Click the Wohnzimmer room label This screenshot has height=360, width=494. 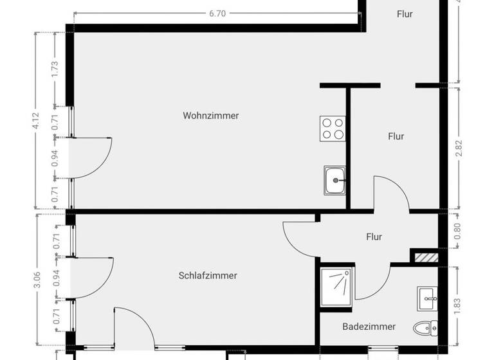(211, 116)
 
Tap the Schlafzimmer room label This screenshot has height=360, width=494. (208, 276)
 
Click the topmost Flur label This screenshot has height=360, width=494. (405, 14)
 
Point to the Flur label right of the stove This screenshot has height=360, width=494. (396, 136)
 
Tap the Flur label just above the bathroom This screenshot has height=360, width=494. (374, 237)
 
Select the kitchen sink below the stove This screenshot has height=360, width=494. (334, 179)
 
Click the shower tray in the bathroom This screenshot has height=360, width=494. (337, 284)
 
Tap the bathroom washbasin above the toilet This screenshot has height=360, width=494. (428, 298)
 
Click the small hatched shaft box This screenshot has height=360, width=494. (425, 258)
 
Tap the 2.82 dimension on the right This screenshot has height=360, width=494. (459, 146)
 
